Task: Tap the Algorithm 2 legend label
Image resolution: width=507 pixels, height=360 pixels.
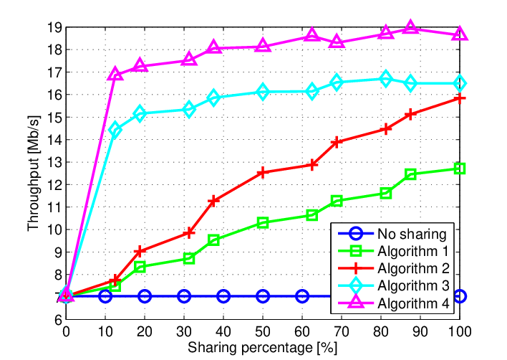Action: [414, 268]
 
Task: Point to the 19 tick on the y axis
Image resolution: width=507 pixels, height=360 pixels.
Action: [54, 28]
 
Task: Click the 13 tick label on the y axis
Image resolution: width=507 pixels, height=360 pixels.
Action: [54, 162]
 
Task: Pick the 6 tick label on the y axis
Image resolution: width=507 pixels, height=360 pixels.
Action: [58, 320]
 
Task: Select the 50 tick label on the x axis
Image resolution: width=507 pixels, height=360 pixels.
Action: [263, 331]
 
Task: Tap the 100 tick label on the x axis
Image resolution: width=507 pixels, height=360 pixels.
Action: [459, 331]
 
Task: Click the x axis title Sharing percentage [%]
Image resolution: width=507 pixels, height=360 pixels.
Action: [263, 348]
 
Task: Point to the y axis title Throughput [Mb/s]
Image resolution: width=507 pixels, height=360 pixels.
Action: [34, 174]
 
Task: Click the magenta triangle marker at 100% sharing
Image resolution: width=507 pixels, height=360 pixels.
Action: [460, 34]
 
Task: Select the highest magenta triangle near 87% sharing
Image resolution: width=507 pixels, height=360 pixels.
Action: [410, 27]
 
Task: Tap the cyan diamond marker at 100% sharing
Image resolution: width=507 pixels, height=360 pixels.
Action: [460, 83]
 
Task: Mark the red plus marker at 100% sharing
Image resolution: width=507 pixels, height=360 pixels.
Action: [460, 98]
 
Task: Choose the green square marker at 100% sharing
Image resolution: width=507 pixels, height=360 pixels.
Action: [460, 169]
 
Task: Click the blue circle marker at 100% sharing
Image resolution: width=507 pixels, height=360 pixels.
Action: [460, 296]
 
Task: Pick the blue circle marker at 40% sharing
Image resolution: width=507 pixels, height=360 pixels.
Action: [223, 296]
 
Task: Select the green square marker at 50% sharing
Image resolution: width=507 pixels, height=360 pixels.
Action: [263, 222]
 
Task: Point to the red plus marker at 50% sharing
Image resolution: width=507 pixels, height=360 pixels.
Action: [263, 172]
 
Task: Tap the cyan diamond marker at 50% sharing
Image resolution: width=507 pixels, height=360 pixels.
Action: [263, 92]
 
